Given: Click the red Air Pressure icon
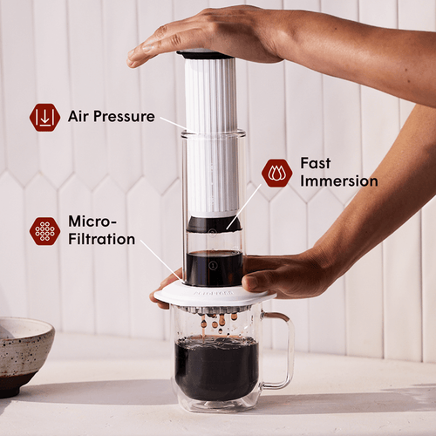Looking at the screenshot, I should [x=44, y=117].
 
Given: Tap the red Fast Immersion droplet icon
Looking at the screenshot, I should [x=276, y=173].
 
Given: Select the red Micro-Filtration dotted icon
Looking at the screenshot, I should [x=44, y=230].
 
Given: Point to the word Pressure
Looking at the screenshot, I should [x=125, y=117].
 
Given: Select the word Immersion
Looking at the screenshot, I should [x=338, y=181].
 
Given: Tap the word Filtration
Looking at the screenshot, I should [x=101, y=239].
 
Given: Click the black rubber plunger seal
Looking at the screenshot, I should [x=214, y=224].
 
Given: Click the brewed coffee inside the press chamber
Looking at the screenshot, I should [x=214, y=269].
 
